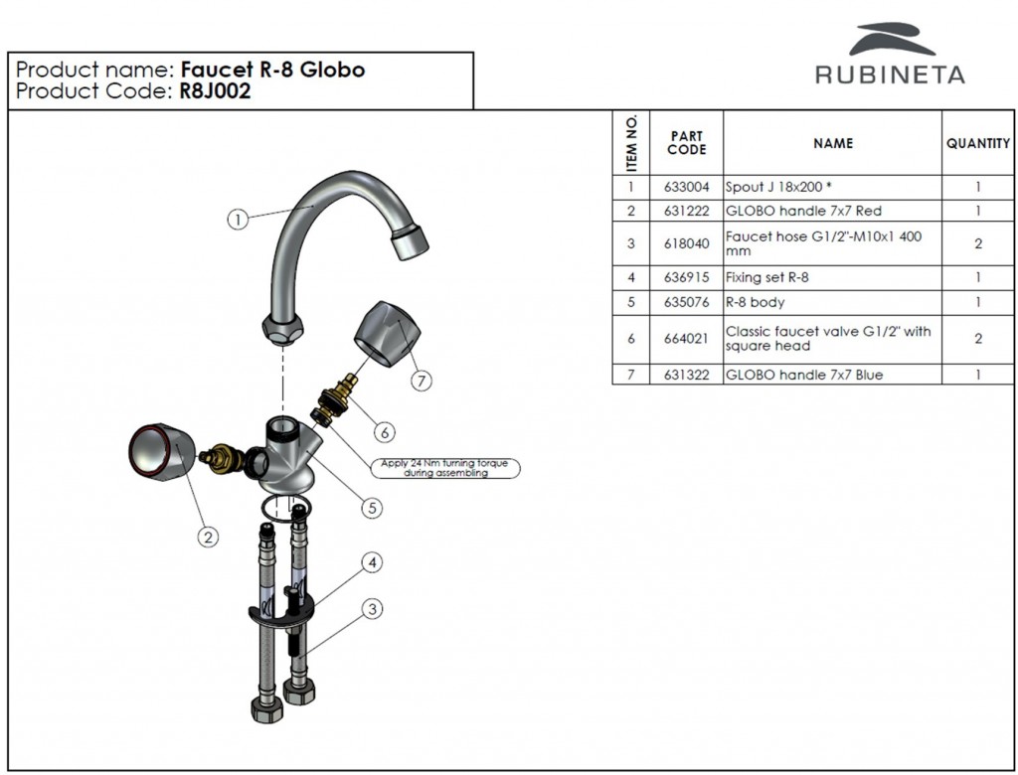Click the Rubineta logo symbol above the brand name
[892, 41]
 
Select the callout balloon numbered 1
[237, 220]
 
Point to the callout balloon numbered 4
[371, 563]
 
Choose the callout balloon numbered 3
[372, 609]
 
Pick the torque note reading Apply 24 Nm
[445, 468]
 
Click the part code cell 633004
[686, 187]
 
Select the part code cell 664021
[686, 338]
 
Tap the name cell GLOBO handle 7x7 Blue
[804, 375]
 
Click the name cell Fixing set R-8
[766, 278]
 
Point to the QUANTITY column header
[977, 143]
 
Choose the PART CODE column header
[686, 143]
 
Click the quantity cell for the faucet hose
[977, 243]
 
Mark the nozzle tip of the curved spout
[407, 243]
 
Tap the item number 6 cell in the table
[630, 338]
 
